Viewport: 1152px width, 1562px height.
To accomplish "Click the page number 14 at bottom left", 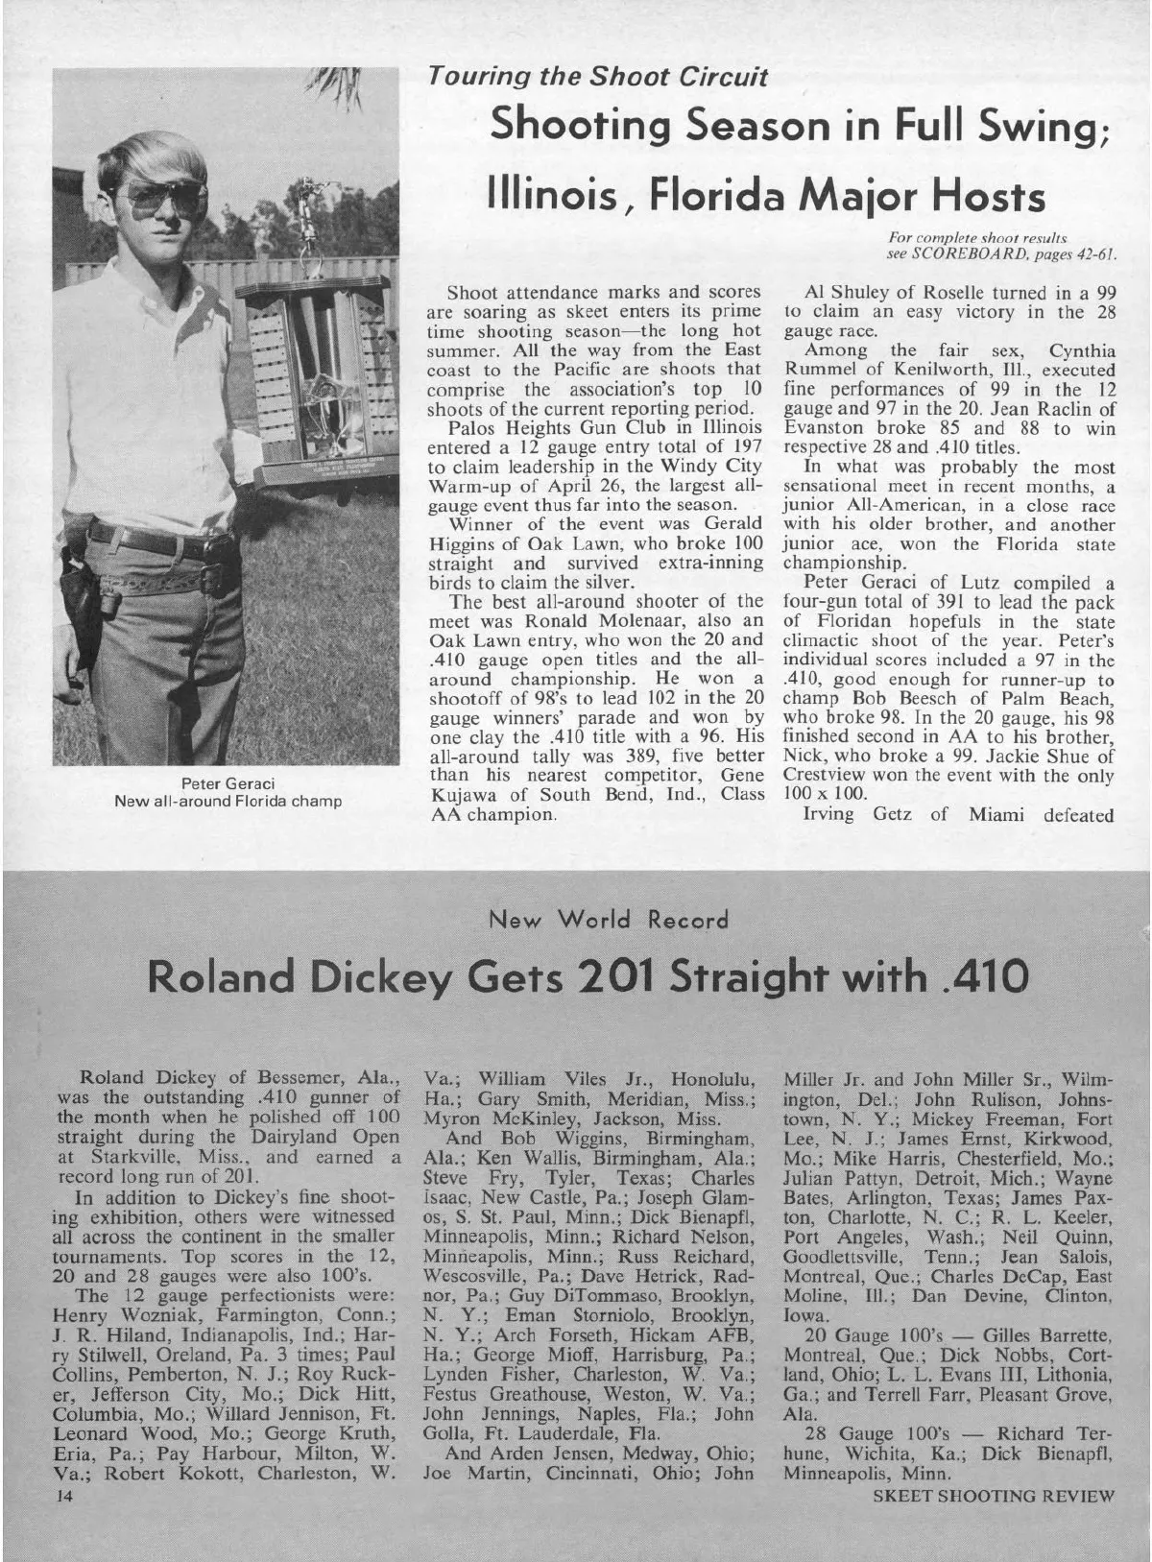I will coord(64,1496).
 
